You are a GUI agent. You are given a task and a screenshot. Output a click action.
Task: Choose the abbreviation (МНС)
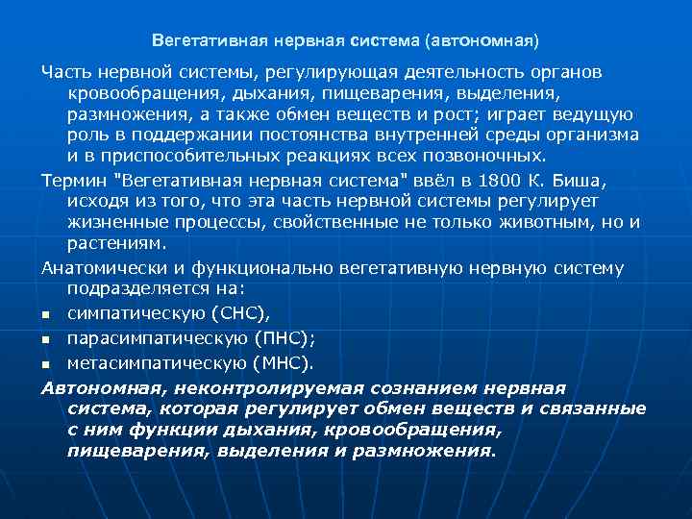coord(283,362)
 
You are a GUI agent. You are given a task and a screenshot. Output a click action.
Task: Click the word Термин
coord(72,183)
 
